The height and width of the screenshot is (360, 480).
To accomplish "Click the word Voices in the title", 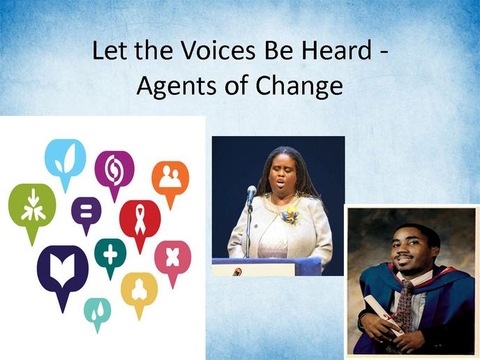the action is click(218, 50).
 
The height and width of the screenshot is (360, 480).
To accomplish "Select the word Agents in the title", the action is click(177, 86).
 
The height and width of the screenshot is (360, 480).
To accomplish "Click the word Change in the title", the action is click(299, 86).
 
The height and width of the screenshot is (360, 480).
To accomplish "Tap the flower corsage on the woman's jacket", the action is click(291, 215).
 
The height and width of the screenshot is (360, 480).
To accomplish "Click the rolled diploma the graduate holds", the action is click(385, 315).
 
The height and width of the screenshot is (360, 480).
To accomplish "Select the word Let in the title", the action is click(110, 50).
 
